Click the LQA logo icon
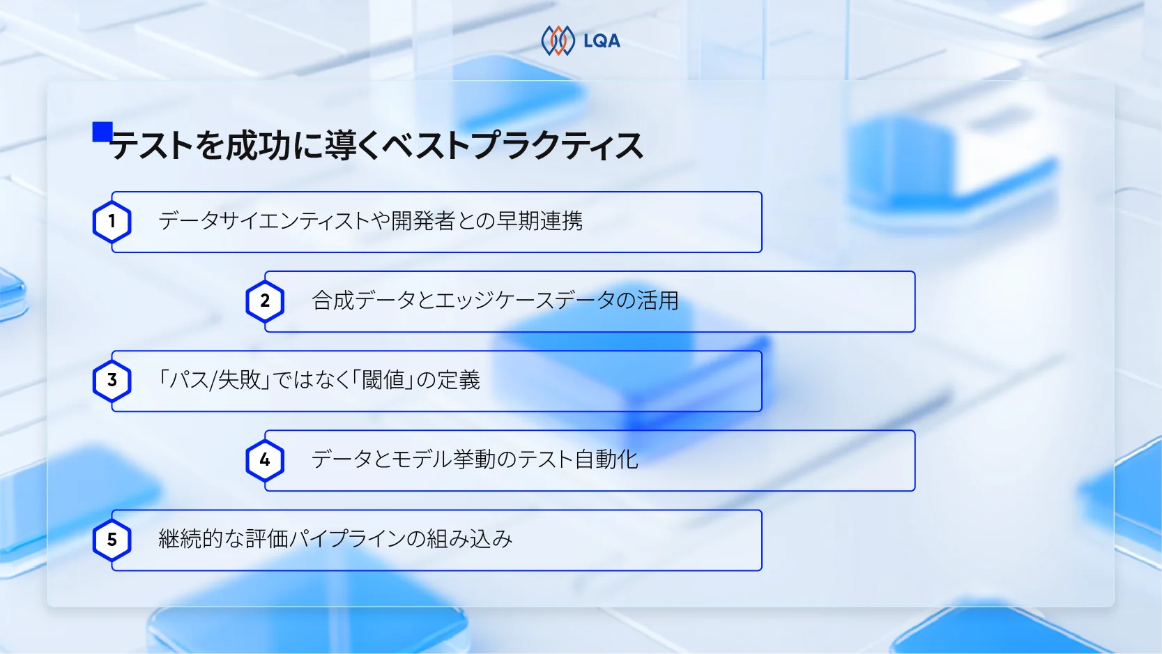tap(558, 40)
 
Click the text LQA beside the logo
tap(602, 41)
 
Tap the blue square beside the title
tap(102, 132)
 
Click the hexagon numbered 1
tap(112, 222)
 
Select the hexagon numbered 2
tap(265, 301)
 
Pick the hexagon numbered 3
tap(112, 381)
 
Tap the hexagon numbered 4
tap(265, 460)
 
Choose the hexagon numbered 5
tap(112, 540)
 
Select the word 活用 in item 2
tap(657, 301)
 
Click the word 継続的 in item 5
tap(190, 539)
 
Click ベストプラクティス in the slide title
tap(512, 146)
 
